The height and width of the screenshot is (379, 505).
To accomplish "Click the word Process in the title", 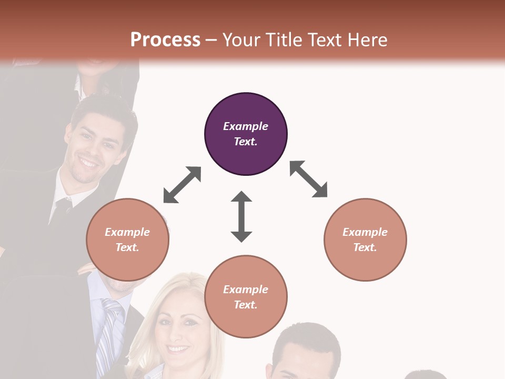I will point(165,40).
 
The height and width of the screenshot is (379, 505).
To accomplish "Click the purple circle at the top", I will point(246,134).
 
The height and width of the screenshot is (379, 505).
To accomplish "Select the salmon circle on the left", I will point(127,240).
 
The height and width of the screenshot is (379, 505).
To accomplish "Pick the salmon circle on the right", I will point(365,240).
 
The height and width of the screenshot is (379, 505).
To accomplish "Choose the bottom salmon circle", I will point(246,297).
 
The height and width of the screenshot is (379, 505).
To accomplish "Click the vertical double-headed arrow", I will point(241,216).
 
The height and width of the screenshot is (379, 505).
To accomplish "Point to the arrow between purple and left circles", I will point(182,185).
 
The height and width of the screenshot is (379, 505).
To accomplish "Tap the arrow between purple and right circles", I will point(309,179).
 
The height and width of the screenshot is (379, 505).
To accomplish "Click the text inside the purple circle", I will point(246,134).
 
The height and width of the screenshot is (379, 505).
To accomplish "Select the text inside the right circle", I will point(365,240).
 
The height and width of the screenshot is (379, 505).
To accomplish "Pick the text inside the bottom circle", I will point(246,297).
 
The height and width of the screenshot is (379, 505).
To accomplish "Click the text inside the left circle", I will point(127,240).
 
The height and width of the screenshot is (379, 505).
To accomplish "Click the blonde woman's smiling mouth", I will point(179,348).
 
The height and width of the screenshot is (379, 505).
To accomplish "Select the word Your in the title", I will point(243,40).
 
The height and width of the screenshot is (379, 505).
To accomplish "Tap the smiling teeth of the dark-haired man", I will point(88,164).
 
